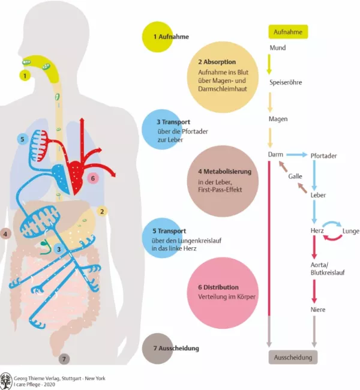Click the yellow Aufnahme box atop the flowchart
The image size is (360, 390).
287,31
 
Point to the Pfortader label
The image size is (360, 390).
323,156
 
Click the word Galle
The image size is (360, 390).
295,176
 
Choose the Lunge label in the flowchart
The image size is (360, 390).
351,231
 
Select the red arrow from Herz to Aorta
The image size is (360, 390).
314,247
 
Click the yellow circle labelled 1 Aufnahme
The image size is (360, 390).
157,37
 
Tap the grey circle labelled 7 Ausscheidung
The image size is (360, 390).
157,348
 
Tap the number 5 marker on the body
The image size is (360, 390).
22,139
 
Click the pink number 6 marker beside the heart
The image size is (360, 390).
92,178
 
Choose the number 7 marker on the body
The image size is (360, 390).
64,359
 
